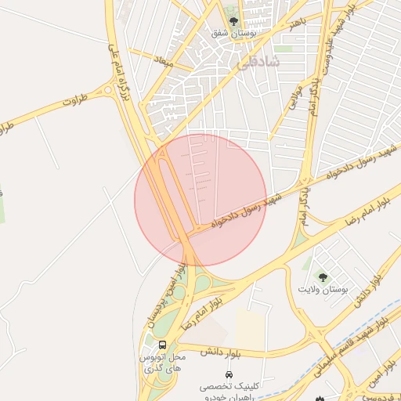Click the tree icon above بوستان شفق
(x=233, y=20)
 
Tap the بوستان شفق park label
(x=233, y=34)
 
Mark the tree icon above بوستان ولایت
(x=321, y=276)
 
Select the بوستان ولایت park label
(x=321, y=290)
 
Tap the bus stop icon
(x=162, y=345)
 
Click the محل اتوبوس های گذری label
(x=161, y=362)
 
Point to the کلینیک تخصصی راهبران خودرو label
(x=228, y=392)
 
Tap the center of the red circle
(x=201, y=200)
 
